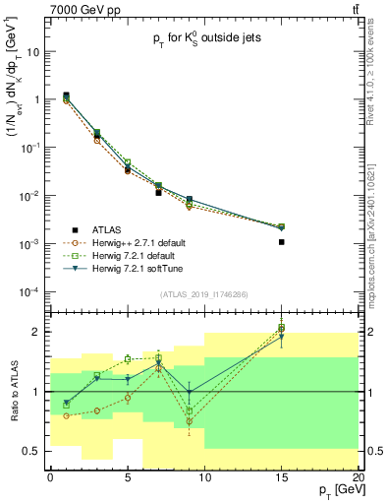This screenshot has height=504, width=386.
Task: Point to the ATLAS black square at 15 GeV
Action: [282, 241]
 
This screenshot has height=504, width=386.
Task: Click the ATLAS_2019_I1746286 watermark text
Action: [203, 294]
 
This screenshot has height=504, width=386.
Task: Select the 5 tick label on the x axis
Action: [128, 476]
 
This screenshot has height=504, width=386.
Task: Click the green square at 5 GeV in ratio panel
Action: [128, 359]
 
